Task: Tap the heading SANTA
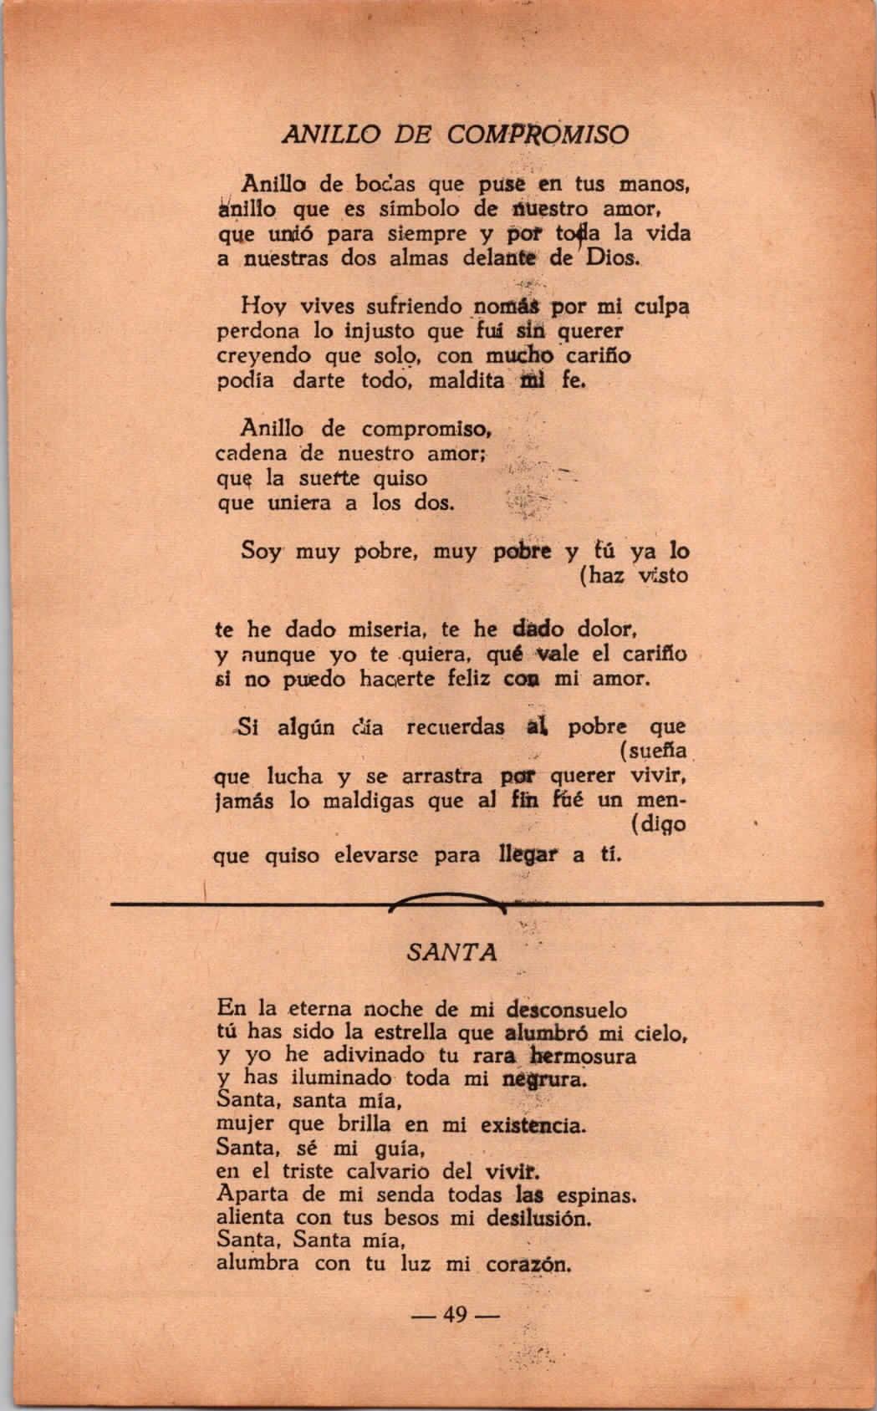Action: (x=451, y=952)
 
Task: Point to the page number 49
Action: (x=456, y=1315)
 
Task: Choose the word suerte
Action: (x=329, y=479)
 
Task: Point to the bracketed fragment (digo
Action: (x=659, y=825)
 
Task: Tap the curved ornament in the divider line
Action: (x=446, y=900)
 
